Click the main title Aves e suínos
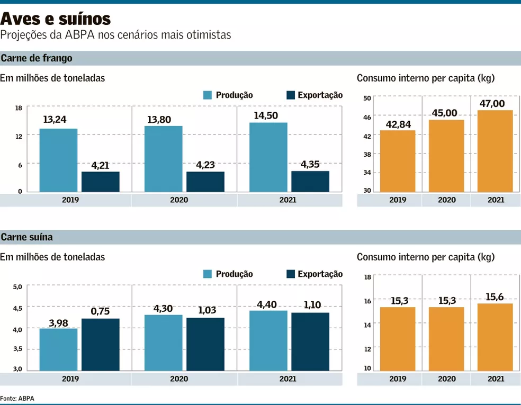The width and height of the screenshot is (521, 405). pyautogui.click(x=56, y=19)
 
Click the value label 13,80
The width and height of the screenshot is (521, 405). pyautogui.click(x=159, y=120)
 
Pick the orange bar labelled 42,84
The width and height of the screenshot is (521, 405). pyautogui.click(x=398, y=161)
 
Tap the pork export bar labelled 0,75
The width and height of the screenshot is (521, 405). pyautogui.click(x=100, y=344)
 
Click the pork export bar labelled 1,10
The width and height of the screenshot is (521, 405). pyautogui.click(x=310, y=341)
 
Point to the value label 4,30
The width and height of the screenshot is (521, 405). pyautogui.click(x=164, y=308)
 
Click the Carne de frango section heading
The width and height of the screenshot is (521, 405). pyautogui.click(x=37, y=58)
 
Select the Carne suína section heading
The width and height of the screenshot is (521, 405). pyautogui.click(x=26, y=237)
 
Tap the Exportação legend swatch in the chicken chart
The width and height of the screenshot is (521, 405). pyautogui.click(x=290, y=95)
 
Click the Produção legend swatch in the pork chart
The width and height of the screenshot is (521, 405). pyautogui.click(x=207, y=274)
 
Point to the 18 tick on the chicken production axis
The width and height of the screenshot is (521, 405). pyautogui.click(x=19, y=109)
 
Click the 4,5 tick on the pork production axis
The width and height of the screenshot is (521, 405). pyautogui.click(x=17, y=308)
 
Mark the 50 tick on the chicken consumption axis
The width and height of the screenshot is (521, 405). pyautogui.click(x=366, y=98)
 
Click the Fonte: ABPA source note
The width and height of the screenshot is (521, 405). pyautogui.click(x=17, y=398)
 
